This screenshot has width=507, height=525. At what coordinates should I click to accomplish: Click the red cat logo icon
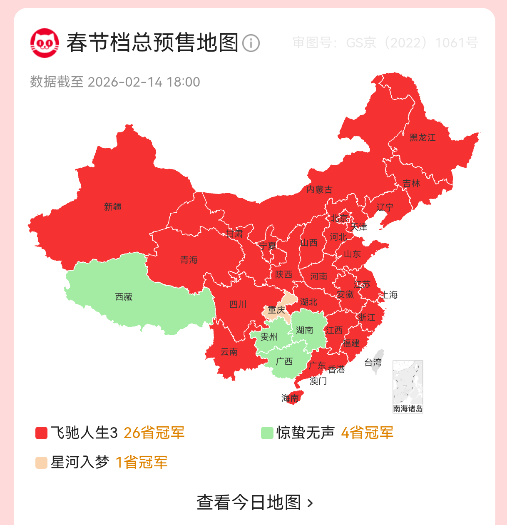point(44,43)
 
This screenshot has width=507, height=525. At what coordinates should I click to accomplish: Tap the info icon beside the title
point(251,43)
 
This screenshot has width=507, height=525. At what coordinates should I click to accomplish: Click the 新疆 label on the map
point(113,207)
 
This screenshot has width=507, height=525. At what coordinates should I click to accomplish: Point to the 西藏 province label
point(124,297)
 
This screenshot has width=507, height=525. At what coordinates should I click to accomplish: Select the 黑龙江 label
point(422,137)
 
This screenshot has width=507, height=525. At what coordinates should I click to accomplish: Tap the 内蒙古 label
point(319,190)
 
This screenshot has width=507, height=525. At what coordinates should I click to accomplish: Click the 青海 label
point(189,260)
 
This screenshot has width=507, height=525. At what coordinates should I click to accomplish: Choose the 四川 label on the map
point(238,304)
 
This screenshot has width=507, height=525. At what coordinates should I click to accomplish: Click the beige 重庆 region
point(276,310)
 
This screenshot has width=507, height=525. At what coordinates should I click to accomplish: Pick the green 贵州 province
point(268,336)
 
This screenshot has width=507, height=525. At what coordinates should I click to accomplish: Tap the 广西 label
point(284,361)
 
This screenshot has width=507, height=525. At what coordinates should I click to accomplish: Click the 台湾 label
point(373,363)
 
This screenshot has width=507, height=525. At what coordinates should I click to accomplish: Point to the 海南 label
point(290,398)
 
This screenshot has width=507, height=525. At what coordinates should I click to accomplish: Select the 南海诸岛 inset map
point(408,387)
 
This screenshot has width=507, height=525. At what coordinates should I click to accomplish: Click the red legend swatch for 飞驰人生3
point(41,433)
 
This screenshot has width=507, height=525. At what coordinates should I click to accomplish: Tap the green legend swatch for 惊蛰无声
point(267,433)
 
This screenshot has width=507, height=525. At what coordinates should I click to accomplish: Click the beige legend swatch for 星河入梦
point(41,463)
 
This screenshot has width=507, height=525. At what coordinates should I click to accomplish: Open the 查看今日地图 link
point(254,503)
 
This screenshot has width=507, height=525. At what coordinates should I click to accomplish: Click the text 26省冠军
point(154,433)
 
